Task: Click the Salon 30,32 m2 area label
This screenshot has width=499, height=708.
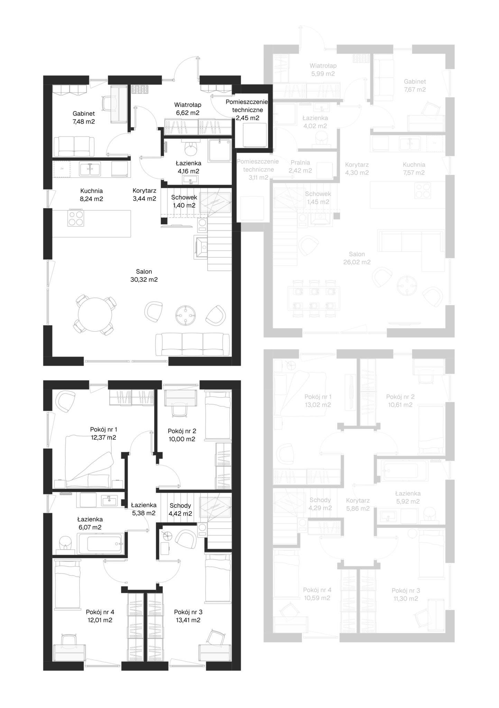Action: (144, 276)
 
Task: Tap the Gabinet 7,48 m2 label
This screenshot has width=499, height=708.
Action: (84, 118)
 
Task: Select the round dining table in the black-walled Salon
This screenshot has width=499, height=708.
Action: (95, 315)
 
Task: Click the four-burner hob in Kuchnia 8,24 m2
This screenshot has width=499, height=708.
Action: (76, 218)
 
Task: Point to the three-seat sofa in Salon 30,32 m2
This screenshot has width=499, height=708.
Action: (193, 344)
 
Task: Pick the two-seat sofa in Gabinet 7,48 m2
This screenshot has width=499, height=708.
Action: (74, 147)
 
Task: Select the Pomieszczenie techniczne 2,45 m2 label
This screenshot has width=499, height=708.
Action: (247, 110)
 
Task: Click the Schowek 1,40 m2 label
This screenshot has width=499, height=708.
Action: (184, 201)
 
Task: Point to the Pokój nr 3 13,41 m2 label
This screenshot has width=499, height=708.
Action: (188, 616)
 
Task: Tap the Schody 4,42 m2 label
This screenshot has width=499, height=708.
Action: (181, 510)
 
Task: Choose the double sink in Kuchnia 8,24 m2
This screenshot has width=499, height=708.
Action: (90, 169)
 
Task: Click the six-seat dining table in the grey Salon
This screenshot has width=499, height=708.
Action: (314, 298)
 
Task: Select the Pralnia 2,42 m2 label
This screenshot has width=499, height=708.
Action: (300, 166)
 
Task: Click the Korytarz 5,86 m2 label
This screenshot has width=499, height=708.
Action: (358, 504)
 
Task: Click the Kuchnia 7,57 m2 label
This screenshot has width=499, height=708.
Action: (414, 169)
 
